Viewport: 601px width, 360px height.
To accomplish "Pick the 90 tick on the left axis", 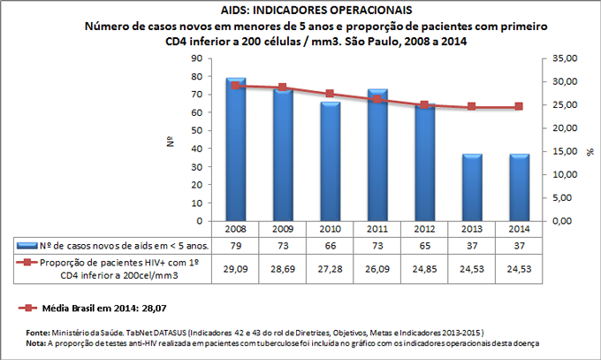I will pos(198,57).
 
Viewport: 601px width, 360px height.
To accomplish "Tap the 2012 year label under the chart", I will pos(425,228).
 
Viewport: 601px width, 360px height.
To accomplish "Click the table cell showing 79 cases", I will pos(236,244).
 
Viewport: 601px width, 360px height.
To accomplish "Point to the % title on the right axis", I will pos(589,151).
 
